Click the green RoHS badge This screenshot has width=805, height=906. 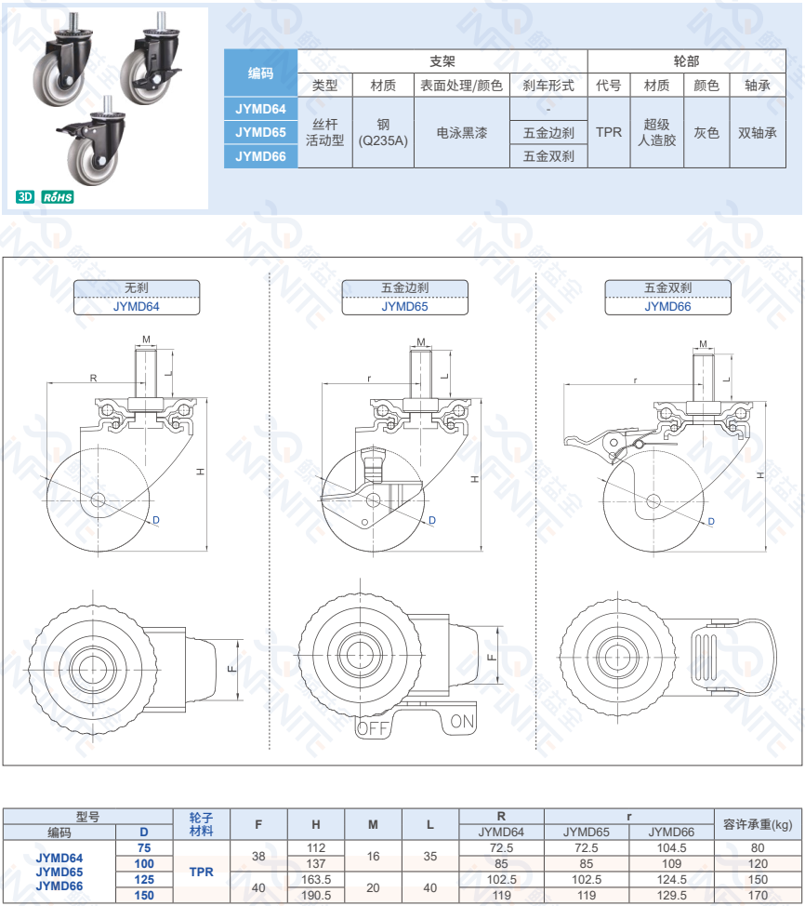(58, 197)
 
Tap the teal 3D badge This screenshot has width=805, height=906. (25, 196)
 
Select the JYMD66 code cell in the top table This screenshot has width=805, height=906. (260, 156)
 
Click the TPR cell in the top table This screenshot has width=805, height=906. (609, 132)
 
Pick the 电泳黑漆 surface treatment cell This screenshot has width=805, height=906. (461, 132)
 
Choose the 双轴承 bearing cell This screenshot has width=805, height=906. (757, 132)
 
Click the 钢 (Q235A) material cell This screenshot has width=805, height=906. (383, 132)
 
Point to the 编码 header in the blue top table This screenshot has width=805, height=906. (260, 73)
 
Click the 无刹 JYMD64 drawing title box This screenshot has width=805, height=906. (137, 297)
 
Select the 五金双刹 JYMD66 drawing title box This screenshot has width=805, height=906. (667, 297)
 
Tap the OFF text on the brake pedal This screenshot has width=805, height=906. (373, 728)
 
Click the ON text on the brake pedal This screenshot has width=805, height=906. (462, 721)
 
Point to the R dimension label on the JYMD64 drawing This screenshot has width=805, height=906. (94, 378)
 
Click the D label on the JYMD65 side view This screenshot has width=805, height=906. (432, 520)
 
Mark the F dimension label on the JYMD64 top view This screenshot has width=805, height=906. (231, 669)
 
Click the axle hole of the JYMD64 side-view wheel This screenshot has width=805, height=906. (98, 500)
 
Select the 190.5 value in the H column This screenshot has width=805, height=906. (316, 895)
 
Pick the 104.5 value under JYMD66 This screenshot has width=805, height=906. (671, 847)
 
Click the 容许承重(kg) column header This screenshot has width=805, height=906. (757, 824)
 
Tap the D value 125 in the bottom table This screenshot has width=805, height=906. (144, 879)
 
